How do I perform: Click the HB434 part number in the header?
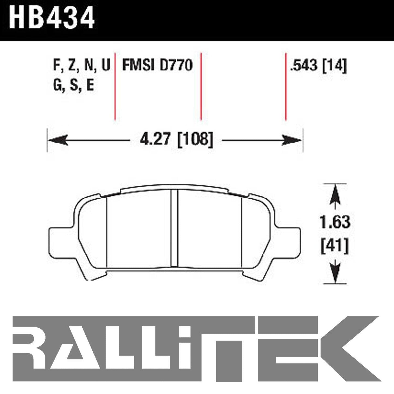click(x=52, y=18)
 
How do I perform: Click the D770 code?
click(x=176, y=65)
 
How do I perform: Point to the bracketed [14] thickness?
click(x=335, y=66)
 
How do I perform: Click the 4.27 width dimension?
click(x=155, y=140)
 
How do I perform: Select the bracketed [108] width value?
click(x=195, y=140)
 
